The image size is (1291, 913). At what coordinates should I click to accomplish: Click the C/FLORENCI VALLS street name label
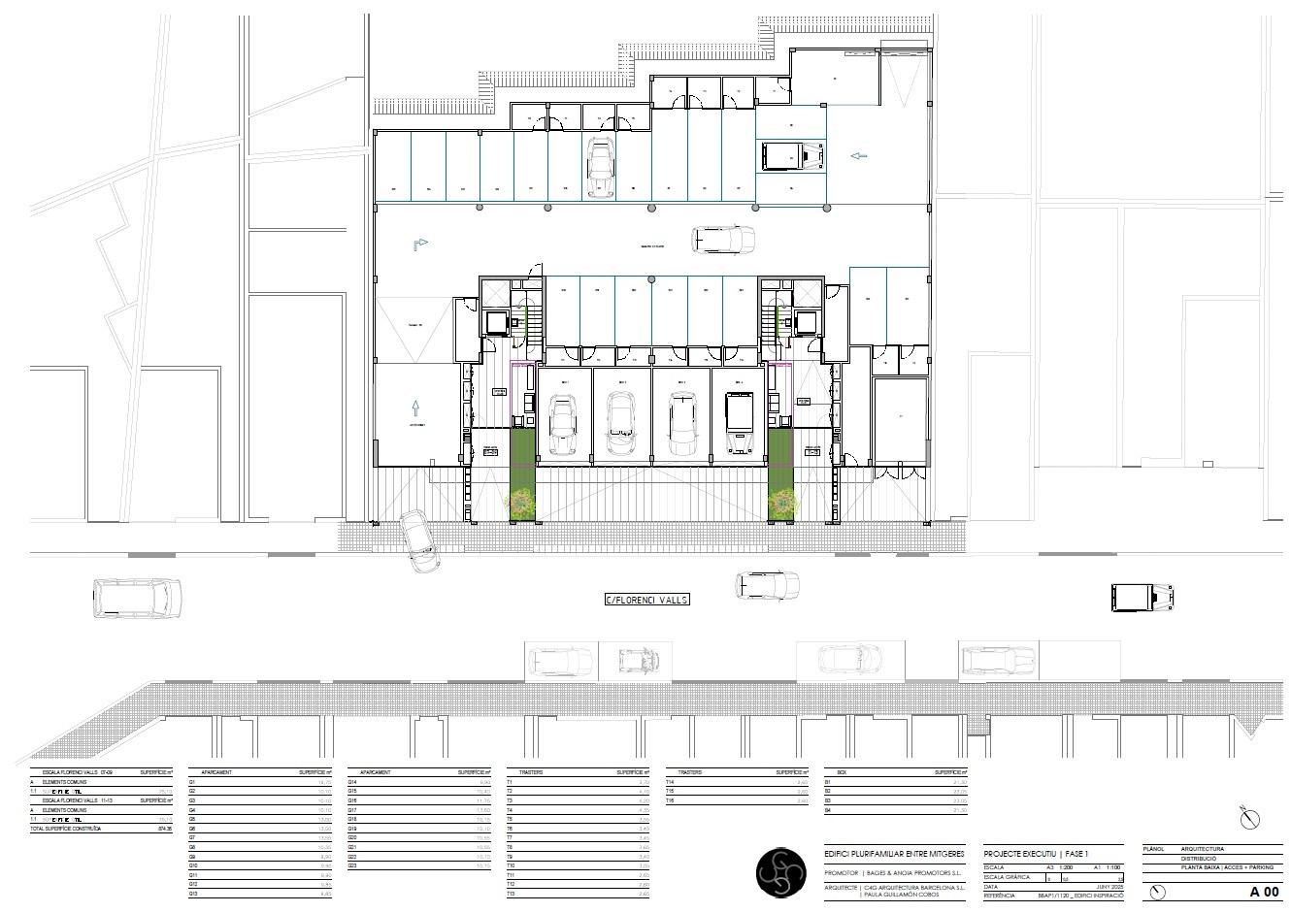(x=646, y=600)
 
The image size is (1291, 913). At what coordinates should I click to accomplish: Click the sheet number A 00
(x=1264, y=891)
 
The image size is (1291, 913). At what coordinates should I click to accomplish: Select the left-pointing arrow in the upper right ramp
(x=858, y=155)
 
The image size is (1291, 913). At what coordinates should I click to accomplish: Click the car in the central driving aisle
(x=722, y=239)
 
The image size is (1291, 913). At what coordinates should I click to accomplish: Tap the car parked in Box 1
(x=564, y=424)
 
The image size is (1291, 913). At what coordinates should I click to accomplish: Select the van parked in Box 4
(x=740, y=422)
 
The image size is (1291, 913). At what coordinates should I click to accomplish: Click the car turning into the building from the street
(x=419, y=540)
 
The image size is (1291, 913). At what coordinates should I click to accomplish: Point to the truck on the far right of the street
(x=1141, y=597)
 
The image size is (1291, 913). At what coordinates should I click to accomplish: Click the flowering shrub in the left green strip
(x=521, y=502)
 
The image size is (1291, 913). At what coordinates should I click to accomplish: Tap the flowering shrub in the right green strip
(x=781, y=502)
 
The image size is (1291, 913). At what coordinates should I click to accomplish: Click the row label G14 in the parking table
(x=352, y=782)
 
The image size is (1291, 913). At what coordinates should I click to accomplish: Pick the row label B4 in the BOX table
(x=828, y=810)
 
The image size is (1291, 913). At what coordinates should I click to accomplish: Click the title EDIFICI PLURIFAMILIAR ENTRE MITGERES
(x=893, y=853)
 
